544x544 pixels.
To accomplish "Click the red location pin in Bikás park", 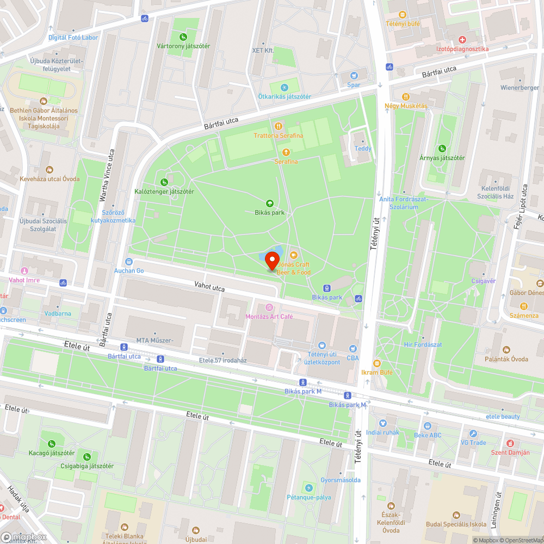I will click(272, 261).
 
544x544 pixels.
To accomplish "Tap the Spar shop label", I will click(354, 84).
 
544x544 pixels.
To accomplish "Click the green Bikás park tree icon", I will click(270, 203).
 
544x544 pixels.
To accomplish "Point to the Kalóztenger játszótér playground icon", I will click(164, 182).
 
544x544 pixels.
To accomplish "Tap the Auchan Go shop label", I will click(129, 270).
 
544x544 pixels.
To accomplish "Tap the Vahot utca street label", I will click(209, 286).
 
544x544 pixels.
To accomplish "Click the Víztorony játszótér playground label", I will click(183, 46).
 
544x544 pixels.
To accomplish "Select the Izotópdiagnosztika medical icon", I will click(462, 40).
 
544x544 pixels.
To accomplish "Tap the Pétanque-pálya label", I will click(308, 497).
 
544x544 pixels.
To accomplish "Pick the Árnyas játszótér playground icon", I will click(442, 148).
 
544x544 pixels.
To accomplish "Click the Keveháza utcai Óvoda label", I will click(50, 178).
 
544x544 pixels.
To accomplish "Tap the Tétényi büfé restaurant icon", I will click(403, 15).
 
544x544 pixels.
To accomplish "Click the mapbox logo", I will click(24, 536).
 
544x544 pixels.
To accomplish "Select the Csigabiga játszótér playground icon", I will click(87, 456).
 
